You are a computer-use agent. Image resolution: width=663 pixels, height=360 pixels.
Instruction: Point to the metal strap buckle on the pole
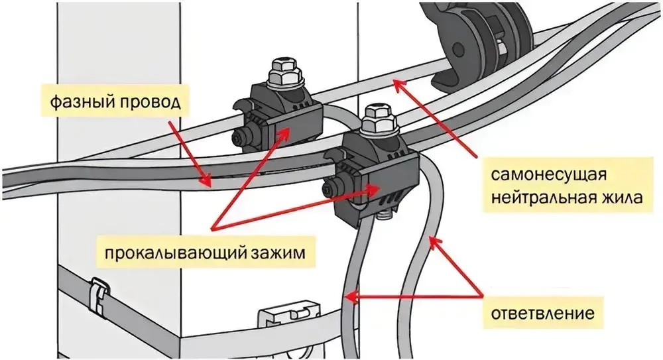[97, 296]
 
